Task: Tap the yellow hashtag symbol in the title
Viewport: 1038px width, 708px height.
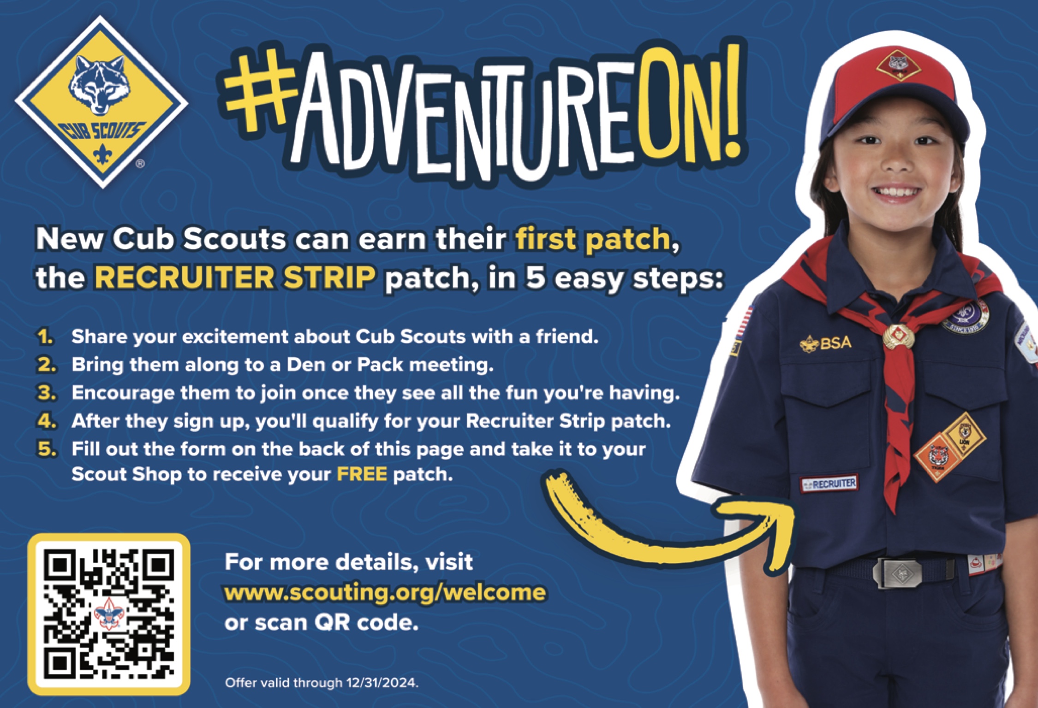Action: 259,92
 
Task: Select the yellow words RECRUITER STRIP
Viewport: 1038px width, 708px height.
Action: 235,277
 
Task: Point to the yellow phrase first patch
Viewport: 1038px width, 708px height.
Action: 593,239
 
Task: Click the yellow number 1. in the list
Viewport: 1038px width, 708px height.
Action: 46,337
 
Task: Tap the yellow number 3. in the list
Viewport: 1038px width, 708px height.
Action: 47,393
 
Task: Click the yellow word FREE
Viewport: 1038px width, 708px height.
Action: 362,474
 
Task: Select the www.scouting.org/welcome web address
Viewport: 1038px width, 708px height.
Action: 385,592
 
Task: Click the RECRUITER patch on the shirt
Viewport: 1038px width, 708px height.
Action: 829,484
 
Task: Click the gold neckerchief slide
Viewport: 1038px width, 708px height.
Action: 899,335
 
